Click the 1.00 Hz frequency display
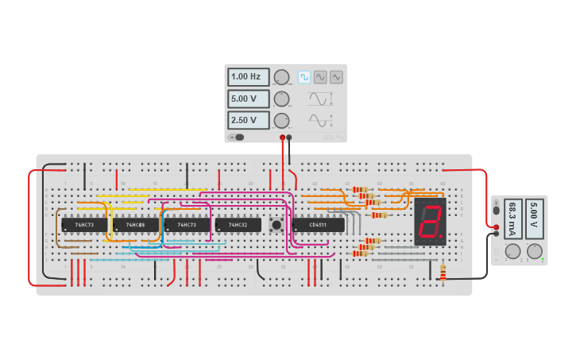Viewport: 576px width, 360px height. coord(248,77)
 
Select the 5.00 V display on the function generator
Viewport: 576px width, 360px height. coord(248,99)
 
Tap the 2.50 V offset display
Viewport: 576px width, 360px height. coord(248,121)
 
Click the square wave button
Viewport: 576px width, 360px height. coord(304,77)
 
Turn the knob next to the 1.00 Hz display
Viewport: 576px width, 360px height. coord(281,77)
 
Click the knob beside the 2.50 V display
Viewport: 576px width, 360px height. coord(281,121)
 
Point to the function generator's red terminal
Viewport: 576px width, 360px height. coord(282,137)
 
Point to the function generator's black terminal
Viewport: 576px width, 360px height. coord(289,137)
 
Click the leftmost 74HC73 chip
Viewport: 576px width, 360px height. coord(84,225)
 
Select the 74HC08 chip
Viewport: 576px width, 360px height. coord(135,225)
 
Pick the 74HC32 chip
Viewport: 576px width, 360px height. coord(238,225)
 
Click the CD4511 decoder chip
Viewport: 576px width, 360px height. coord(318,225)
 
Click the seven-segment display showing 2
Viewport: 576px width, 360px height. coord(430,222)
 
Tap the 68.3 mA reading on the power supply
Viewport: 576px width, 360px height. coord(513,218)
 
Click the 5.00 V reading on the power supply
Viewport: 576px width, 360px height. coord(534,218)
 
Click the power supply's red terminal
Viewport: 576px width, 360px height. coord(497,226)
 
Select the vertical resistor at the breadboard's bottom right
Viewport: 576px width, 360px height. coord(443,273)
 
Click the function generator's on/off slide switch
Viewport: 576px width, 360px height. coord(237,137)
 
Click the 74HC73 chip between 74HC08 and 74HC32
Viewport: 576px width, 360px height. coord(187,225)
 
